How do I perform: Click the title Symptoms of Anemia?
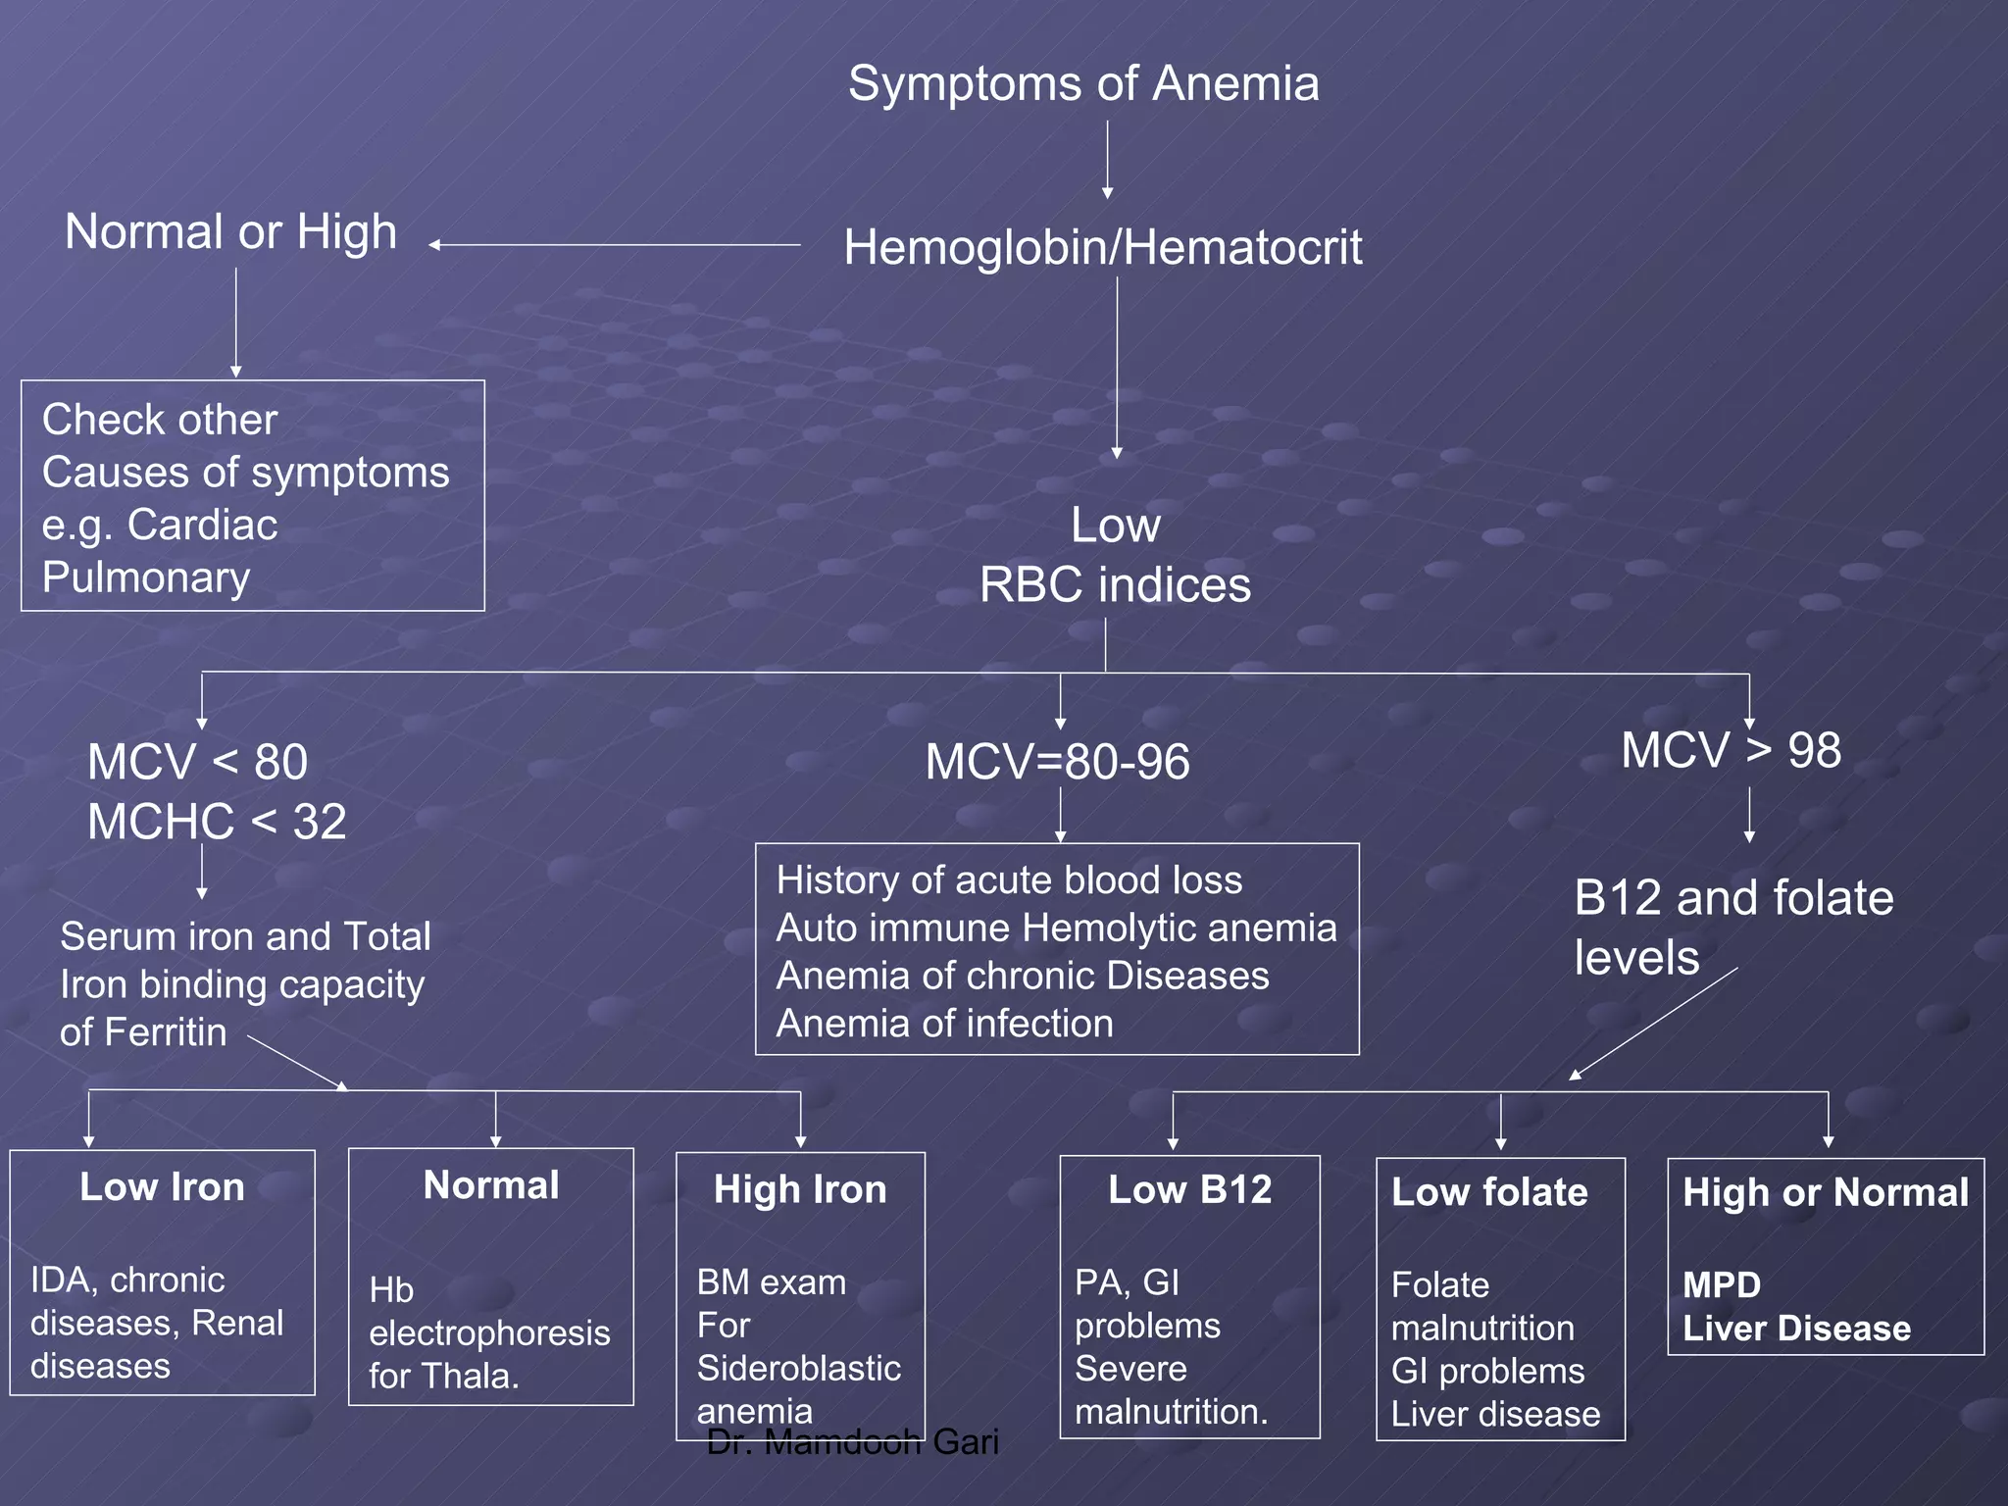[x=1083, y=83]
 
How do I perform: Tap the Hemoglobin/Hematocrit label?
[x=1102, y=247]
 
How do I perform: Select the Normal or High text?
[x=230, y=232]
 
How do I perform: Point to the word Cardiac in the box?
[x=202, y=525]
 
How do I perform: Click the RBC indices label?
[x=1115, y=585]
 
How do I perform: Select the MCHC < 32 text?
[x=217, y=822]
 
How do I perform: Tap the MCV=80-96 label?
[x=1057, y=762]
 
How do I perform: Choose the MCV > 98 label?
[x=1731, y=751]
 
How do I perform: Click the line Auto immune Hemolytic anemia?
[x=1056, y=928]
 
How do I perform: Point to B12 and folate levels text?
[x=1732, y=926]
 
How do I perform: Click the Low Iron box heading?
[x=162, y=1187]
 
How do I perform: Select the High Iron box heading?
[x=800, y=1189]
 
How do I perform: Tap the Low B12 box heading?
[x=1189, y=1189]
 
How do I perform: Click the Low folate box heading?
[x=1488, y=1192]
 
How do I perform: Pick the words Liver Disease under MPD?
[x=1796, y=1329]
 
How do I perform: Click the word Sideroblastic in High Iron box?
[x=798, y=1368]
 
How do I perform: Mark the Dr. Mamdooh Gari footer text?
[x=852, y=1441]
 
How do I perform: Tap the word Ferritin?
[x=165, y=1032]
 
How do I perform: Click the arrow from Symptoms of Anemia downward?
[x=1107, y=159]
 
